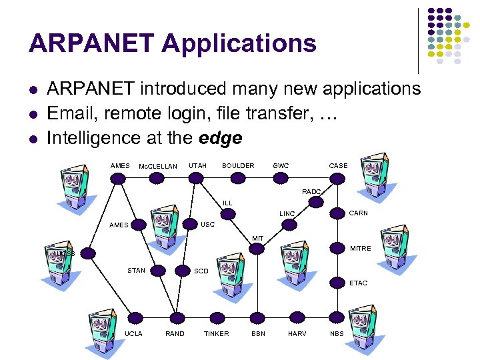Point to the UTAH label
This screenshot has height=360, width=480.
pos(197,165)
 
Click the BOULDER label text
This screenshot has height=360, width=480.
pos(238,165)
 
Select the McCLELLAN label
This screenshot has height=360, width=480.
pos(157,166)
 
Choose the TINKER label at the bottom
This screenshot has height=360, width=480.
pos(216,333)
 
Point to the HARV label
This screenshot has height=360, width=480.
pos(297,333)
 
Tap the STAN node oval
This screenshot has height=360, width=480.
pos(156,270)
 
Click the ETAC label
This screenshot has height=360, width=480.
pos(358,283)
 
